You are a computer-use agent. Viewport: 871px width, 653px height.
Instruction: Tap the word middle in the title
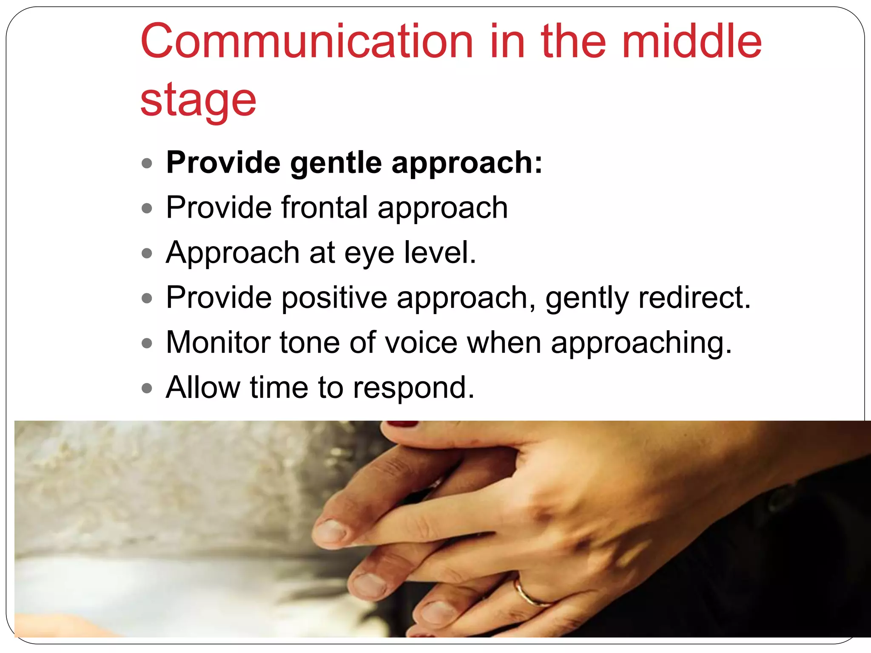click(692, 42)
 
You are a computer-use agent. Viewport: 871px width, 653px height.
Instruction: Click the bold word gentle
click(336, 163)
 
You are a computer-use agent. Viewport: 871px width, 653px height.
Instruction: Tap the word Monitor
click(218, 342)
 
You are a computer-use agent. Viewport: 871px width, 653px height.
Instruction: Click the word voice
click(421, 342)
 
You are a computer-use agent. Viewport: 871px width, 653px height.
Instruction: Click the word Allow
click(203, 387)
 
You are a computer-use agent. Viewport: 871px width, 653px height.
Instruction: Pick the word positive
click(334, 298)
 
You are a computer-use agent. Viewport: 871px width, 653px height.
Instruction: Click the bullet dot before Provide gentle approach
click(147, 164)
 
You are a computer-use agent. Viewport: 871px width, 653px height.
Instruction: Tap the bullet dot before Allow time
click(147, 388)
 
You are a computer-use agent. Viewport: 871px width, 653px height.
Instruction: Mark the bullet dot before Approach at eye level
click(147, 253)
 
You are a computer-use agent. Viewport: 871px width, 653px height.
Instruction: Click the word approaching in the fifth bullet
click(641, 343)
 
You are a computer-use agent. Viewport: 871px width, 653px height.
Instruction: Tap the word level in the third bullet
click(440, 253)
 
